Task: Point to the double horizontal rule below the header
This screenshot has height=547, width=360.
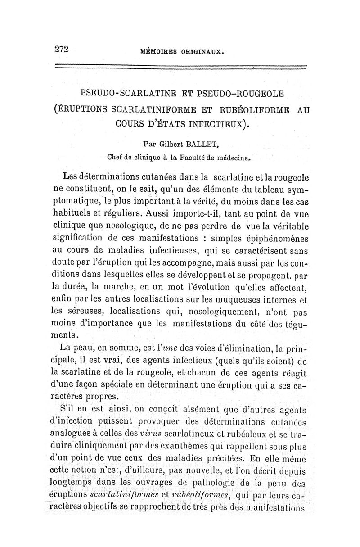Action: click(180, 68)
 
